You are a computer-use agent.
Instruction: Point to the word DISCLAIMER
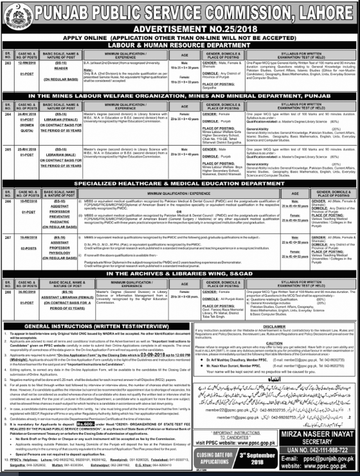pos(270,324)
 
